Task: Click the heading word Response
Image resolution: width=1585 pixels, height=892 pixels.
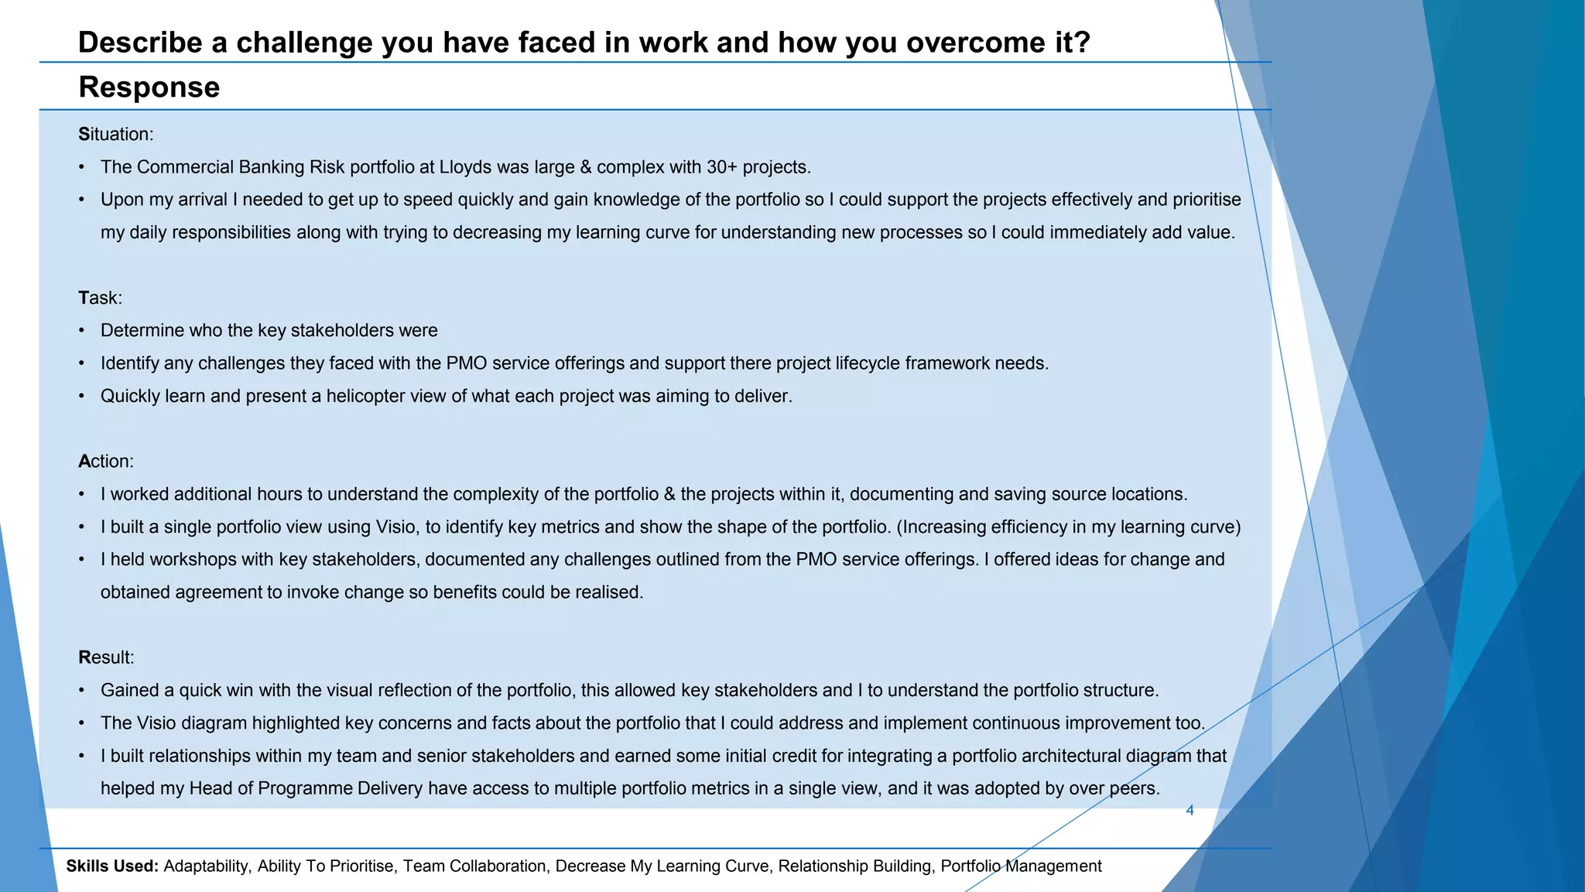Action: pos(149,87)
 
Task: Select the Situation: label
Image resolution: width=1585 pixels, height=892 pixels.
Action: pos(116,135)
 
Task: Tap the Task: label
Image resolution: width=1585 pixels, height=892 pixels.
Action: pos(100,298)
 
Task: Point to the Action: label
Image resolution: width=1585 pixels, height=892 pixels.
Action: pos(106,461)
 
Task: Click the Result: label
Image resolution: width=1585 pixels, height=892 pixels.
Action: pos(106,657)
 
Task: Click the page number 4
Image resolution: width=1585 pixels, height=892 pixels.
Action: pos(1190,811)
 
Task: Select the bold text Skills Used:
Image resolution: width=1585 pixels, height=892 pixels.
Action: pos(112,866)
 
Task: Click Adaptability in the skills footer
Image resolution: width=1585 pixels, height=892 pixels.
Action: pos(207,866)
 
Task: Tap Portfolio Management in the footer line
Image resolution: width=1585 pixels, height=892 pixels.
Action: pos(1021,866)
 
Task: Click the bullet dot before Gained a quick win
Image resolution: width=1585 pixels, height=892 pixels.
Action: pos(82,691)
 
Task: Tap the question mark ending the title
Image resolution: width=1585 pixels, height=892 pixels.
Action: pos(1083,43)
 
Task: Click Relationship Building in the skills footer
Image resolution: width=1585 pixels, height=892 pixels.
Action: pos(854,866)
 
